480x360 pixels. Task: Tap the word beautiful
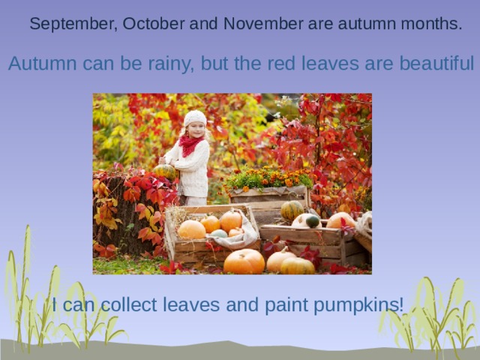436,64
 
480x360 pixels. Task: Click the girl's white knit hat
195,118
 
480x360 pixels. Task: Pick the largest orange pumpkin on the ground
244,262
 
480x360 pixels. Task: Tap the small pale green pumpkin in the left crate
219,233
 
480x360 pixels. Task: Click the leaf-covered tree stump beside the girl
120,214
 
